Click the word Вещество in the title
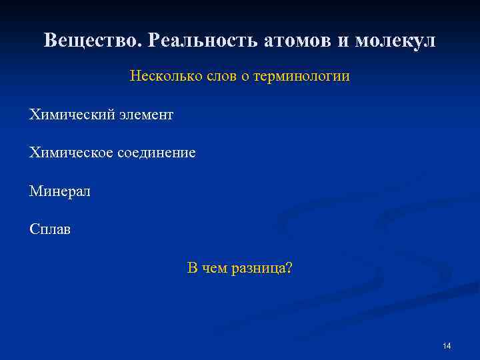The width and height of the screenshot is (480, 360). (x=94, y=41)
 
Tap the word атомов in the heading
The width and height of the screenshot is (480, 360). (x=299, y=41)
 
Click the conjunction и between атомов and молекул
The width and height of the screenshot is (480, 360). (x=343, y=41)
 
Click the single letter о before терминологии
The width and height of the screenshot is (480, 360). (x=245, y=77)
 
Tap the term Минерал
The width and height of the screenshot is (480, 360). (x=59, y=192)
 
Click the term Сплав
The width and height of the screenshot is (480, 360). (x=49, y=230)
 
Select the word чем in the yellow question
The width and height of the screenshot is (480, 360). (x=215, y=269)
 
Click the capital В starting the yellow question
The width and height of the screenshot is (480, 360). (x=192, y=269)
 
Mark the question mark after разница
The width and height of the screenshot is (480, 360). (x=289, y=269)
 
